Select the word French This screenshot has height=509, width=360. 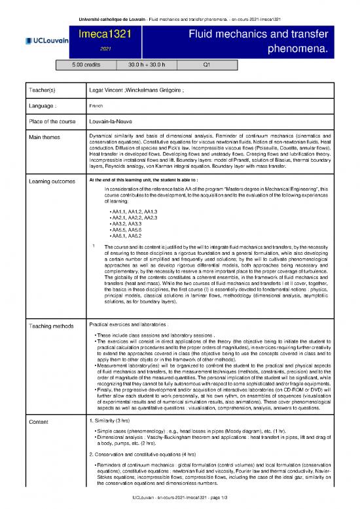pos(96,105)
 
